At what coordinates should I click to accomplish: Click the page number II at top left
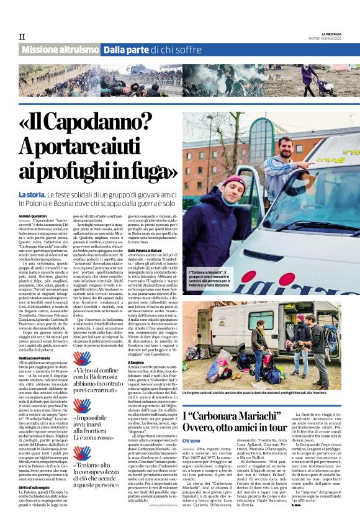point(22,37)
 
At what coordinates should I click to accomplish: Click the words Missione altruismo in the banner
point(60,50)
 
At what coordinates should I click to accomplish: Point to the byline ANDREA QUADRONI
point(32,216)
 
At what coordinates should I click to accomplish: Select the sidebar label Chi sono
point(192,440)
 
